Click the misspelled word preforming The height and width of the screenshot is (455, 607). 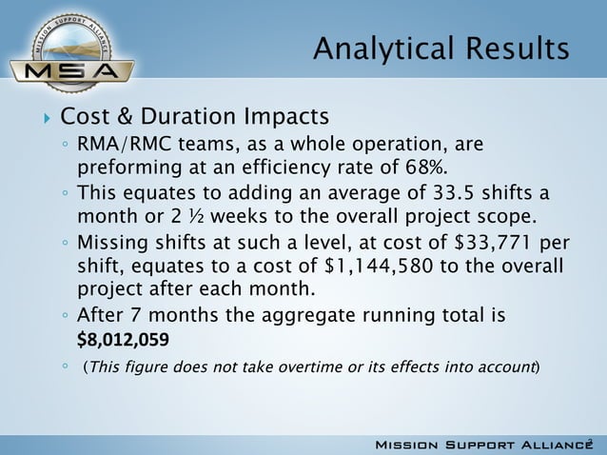[x=124, y=168]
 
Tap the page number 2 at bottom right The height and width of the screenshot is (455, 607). [x=590, y=442]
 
